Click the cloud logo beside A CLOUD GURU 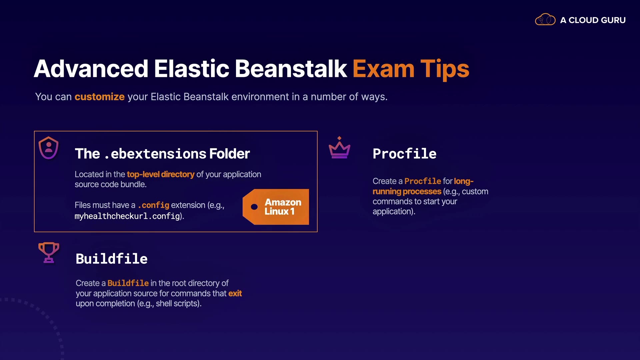545,20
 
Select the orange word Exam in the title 384,69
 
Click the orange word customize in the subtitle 100,97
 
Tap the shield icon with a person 49,148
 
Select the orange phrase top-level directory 161,174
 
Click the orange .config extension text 154,205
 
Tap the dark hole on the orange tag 254,207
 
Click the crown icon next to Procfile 339,147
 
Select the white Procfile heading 405,154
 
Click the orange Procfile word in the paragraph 423,181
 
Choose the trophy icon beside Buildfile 49,252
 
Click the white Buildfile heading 112,259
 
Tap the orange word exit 235,293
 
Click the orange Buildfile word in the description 128,283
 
